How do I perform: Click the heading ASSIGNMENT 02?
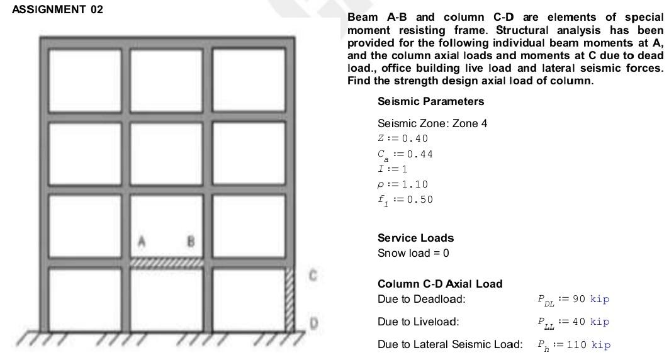pos(57,10)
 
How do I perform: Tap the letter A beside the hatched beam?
pos(142,241)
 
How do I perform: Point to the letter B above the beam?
pos(191,241)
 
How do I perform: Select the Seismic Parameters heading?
pos(430,101)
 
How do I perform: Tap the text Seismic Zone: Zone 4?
pos(432,123)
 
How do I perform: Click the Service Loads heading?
pos(415,238)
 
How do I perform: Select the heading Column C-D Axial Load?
pos(440,284)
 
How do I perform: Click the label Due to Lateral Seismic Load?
pos(450,344)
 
